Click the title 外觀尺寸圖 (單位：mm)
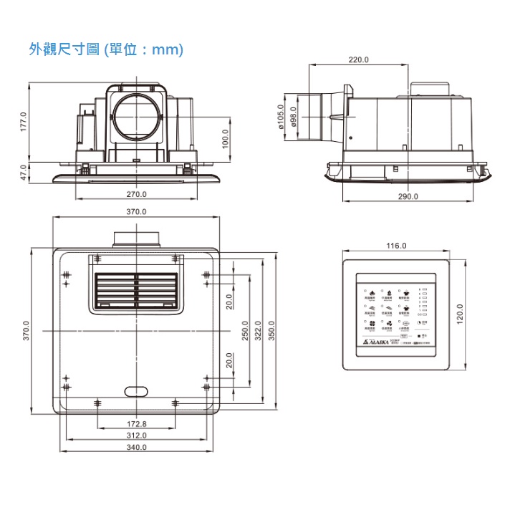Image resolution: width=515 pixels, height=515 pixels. (x=106, y=49)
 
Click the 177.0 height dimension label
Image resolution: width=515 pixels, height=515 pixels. (x=23, y=122)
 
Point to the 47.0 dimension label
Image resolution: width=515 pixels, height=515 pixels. (x=23, y=172)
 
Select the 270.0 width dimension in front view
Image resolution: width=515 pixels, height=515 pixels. (x=136, y=194)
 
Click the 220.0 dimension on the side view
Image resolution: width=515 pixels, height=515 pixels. (x=359, y=59)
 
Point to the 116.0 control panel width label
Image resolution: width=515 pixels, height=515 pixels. (x=396, y=246)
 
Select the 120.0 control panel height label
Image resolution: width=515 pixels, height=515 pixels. (x=460, y=313)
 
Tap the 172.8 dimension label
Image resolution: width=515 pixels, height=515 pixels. (x=136, y=425)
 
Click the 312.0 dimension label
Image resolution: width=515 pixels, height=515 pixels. (x=136, y=435)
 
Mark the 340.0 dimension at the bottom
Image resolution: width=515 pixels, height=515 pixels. (x=136, y=447)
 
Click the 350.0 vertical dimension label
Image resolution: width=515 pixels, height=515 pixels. (x=271, y=331)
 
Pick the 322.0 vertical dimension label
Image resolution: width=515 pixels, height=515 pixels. (x=258, y=331)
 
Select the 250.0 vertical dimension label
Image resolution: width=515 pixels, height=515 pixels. (x=245, y=331)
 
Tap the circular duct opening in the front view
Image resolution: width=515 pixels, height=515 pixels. (x=136, y=115)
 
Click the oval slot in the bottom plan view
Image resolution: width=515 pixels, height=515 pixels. (x=136, y=391)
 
